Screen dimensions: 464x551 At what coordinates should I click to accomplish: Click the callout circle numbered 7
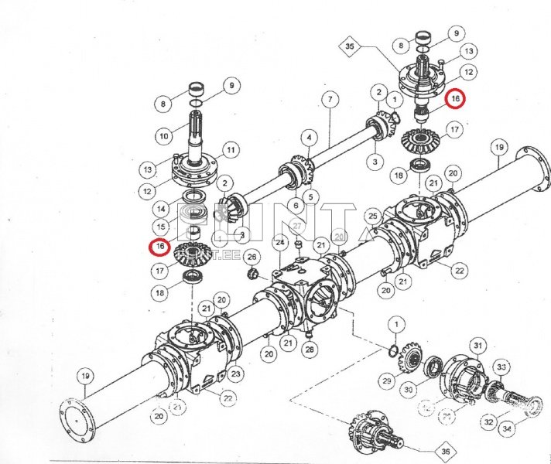(330, 99)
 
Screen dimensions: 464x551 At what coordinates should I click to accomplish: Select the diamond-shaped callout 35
(350, 46)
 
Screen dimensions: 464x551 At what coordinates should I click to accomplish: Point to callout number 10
(163, 136)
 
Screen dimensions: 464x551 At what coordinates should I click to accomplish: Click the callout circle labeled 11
(230, 148)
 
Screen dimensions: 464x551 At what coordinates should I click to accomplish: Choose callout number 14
(161, 208)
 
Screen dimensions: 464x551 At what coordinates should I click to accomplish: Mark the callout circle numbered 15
(161, 227)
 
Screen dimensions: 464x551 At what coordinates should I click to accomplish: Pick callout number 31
(478, 345)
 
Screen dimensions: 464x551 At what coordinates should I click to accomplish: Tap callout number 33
(501, 367)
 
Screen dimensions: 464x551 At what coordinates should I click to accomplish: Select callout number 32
(488, 422)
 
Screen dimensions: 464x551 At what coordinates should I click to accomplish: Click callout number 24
(280, 242)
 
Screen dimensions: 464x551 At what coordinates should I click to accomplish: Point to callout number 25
(372, 215)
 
